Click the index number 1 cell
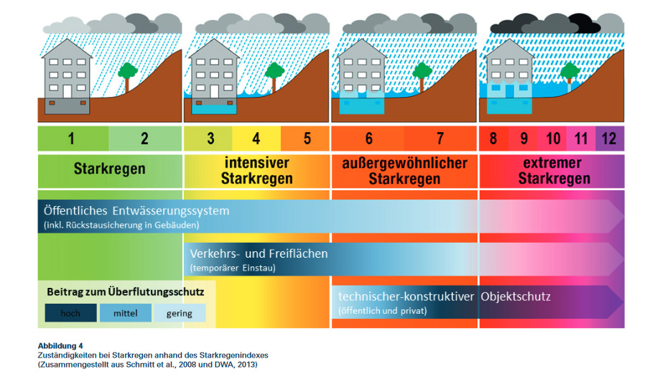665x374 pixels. (x=72, y=139)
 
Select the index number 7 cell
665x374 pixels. (x=440, y=139)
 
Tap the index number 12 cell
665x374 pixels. (x=609, y=139)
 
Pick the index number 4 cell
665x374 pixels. (x=256, y=139)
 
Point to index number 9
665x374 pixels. (x=524, y=139)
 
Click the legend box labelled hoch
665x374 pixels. (x=70, y=313)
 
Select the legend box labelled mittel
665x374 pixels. (x=125, y=313)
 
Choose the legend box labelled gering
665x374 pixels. (x=179, y=313)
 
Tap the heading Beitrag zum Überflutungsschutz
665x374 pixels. (x=126, y=292)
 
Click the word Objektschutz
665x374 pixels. (x=515, y=296)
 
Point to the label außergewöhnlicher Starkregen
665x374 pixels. (x=404, y=170)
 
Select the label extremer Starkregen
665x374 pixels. (x=554, y=170)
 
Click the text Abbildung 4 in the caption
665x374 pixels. (x=60, y=346)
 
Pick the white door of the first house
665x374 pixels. (x=67, y=91)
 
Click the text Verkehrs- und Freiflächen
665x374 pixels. (x=259, y=253)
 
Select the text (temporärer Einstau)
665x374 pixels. (x=233, y=268)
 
